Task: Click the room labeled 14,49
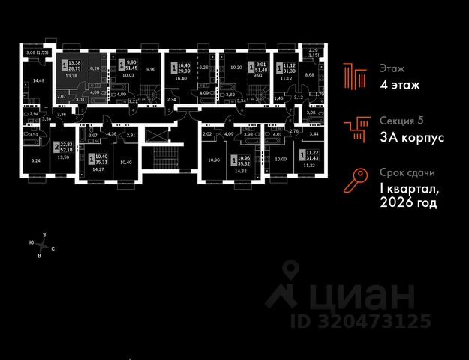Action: pyautogui.click(x=33, y=80)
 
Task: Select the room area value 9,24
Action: pyautogui.click(x=35, y=160)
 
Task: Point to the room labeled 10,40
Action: pyautogui.click(x=125, y=163)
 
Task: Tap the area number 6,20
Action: pyautogui.click(x=95, y=67)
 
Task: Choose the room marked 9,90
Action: pyautogui.click(x=149, y=69)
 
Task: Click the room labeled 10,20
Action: pyautogui.click(x=235, y=67)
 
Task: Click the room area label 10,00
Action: pyautogui.click(x=281, y=159)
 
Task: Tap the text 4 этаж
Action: pyautogui.click(x=399, y=85)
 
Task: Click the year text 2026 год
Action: pyautogui.click(x=408, y=202)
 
